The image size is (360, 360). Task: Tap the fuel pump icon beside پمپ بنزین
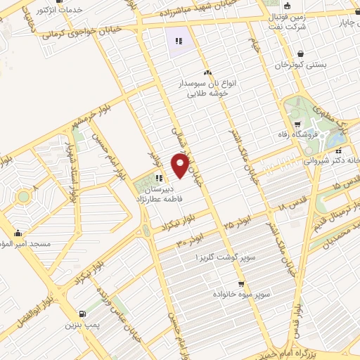coord(83,314)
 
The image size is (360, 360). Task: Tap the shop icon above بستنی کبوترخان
coord(302,53)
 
